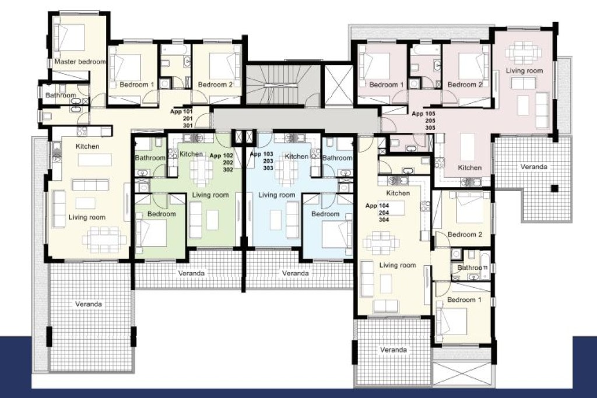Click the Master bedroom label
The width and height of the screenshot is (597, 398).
coord(80,62)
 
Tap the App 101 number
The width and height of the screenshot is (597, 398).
coord(182,111)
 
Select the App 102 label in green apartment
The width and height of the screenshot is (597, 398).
coord(221,156)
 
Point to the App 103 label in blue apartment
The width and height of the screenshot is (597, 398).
coord(262,154)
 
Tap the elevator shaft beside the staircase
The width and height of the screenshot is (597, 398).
coord(338,85)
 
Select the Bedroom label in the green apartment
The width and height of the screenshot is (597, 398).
coord(161,214)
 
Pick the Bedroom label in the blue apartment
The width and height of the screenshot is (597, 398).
coord(325,214)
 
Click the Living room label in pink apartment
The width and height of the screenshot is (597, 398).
coord(524,71)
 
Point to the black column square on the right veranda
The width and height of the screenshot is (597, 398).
coord(555,188)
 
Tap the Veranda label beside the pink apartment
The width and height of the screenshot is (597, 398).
coord(534,167)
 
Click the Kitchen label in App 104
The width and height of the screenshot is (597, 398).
coord(398,193)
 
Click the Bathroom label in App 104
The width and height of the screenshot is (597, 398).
coord(472,267)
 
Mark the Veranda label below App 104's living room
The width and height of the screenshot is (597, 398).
coord(394,350)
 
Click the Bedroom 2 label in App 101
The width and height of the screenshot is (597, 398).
coord(215,85)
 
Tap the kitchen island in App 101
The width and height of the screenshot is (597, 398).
coord(95,160)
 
